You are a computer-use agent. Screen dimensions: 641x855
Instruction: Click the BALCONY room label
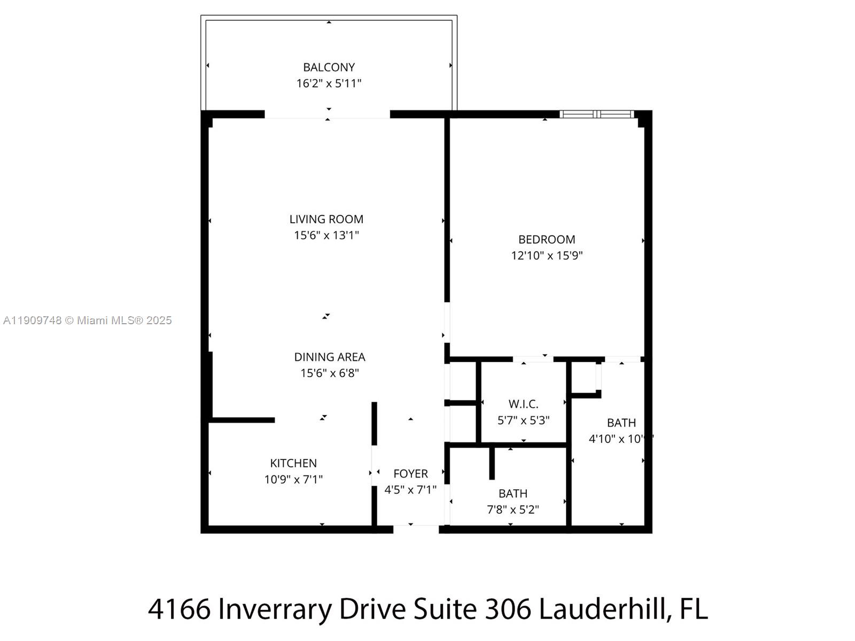(329, 67)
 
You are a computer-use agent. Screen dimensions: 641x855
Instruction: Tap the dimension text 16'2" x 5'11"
(329, 83)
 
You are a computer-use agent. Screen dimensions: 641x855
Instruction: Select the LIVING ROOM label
(326, 219)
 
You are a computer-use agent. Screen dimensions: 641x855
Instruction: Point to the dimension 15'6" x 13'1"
(326, 235)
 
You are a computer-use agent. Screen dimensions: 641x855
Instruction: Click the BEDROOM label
(547, 239)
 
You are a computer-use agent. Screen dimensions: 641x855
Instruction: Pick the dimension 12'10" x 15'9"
(547, 255)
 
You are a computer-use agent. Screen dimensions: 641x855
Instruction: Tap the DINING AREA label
(330, 357)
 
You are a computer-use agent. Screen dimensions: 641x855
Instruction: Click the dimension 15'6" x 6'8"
(330, 373)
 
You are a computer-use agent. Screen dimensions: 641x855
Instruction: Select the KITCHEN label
(293, 463)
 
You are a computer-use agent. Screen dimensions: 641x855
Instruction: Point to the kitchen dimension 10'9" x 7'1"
(293, 479)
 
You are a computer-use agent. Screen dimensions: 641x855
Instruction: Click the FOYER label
(410, 474)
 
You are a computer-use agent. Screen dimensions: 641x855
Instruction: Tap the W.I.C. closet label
(523, 404)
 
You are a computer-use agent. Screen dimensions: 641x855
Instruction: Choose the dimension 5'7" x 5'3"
(523, 420)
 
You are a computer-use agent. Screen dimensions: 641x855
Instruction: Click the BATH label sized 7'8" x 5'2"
(513, 494)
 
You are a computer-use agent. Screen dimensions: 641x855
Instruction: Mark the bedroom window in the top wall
(597, 114)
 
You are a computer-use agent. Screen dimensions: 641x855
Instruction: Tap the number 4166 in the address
(179, 609)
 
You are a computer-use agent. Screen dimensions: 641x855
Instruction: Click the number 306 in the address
(508, 609)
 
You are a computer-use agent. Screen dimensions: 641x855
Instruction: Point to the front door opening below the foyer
(416, 529)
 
